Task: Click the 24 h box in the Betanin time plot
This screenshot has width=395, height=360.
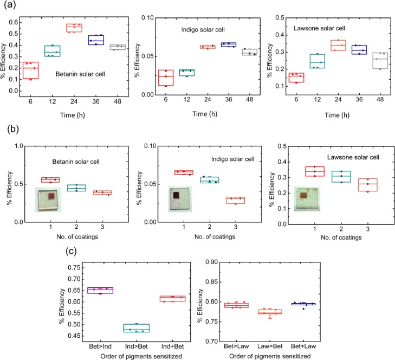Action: (74, 28)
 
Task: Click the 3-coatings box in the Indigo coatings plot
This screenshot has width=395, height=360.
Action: (236, 200)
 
